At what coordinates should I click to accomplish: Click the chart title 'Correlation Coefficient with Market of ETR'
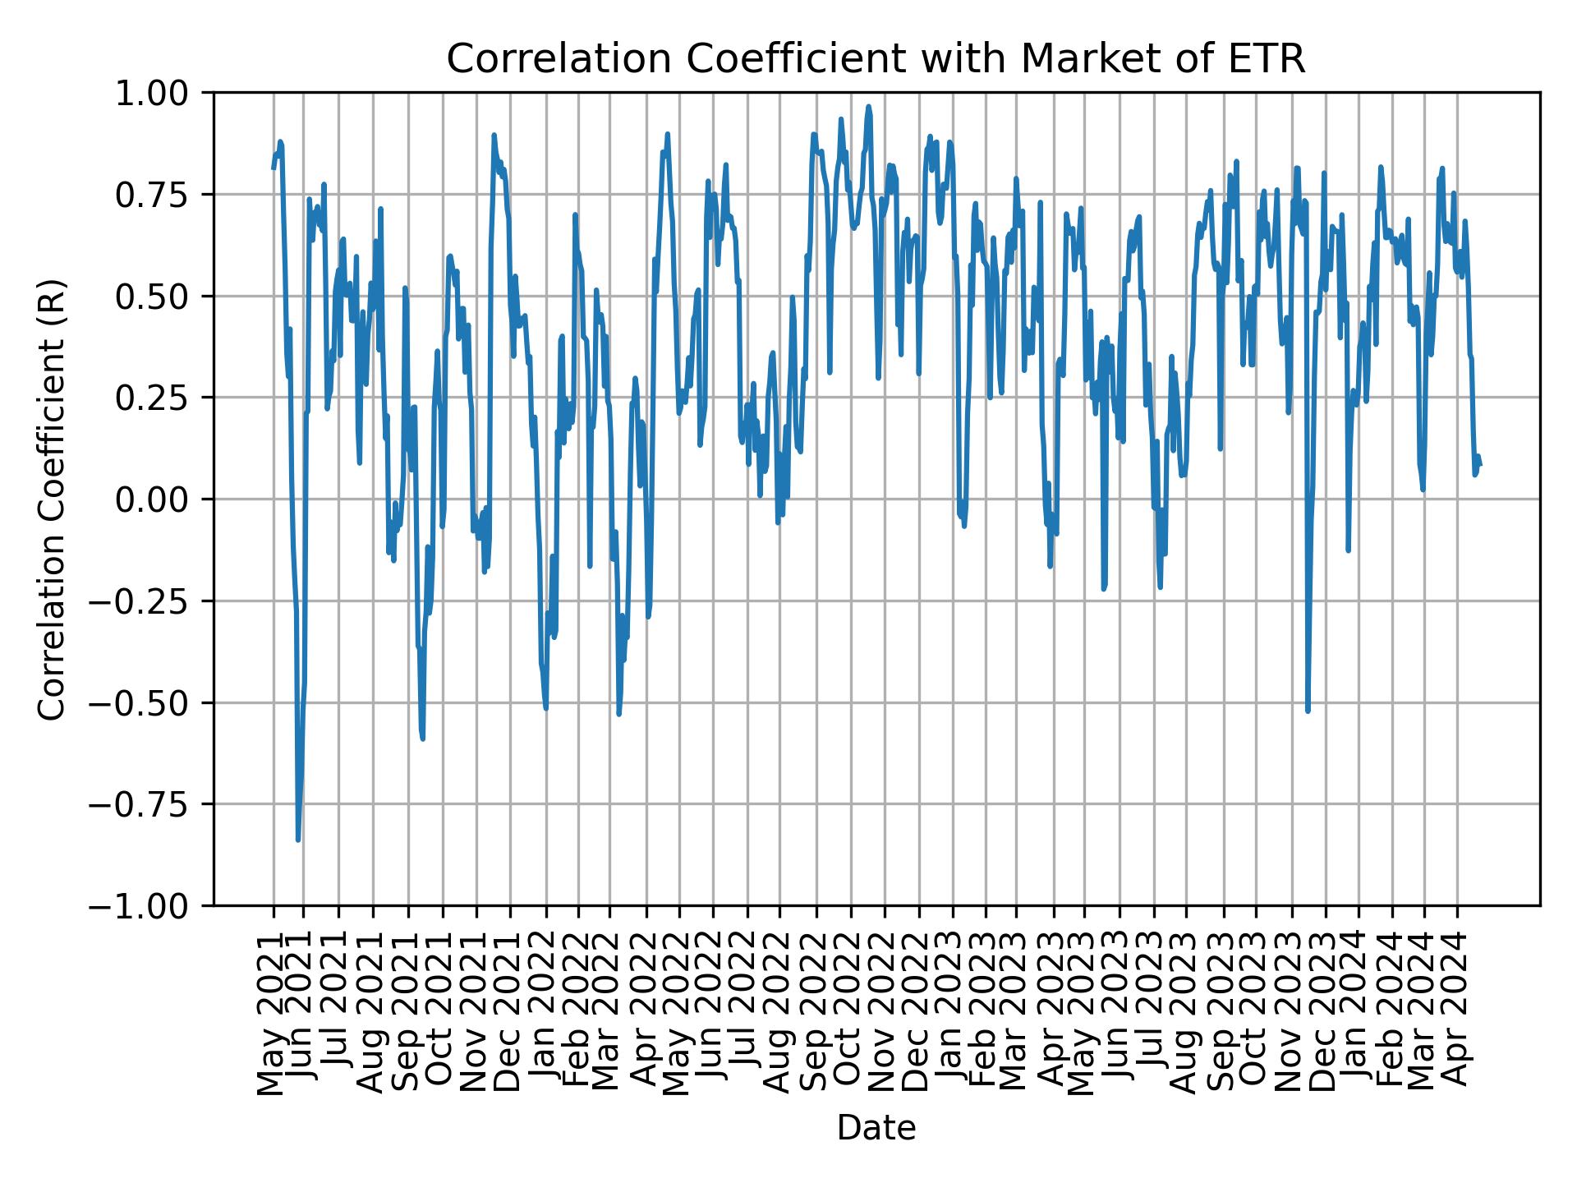pyautogui.click(x=876, y=59)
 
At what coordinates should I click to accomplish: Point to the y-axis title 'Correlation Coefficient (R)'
pyautogui.click(x=52, y=499)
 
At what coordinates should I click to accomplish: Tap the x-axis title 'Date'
pyautogui.click(x=876, y=1129)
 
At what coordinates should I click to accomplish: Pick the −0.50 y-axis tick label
pyautogui.click(x=149, y=702)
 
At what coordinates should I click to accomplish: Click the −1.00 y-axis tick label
pyautogui.click(x=149, y=906)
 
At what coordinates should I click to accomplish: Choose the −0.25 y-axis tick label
pyautogui.click(x=149, y=601)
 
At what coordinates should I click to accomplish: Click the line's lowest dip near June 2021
pyautogui.click(x=298, y=840)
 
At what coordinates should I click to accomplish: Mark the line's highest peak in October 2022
pyautogui.click(x=868, y=106)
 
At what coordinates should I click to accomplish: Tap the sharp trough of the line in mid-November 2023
pyautogui.click(x=1308, y=711)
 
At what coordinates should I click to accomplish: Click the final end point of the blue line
pyautogui.click(x=1480, y=465)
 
